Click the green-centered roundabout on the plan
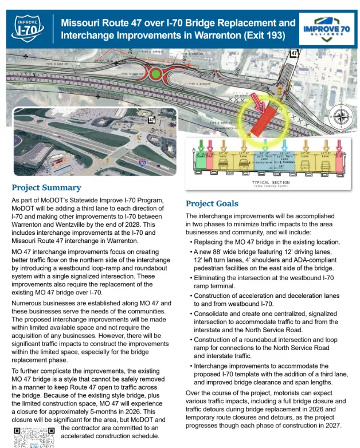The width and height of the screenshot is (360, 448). click(155, 74)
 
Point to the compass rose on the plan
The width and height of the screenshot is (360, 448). click(339, 117)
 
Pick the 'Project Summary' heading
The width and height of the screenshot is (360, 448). click(46, 187)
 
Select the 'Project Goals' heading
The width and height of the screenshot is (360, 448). click(212, 203)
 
